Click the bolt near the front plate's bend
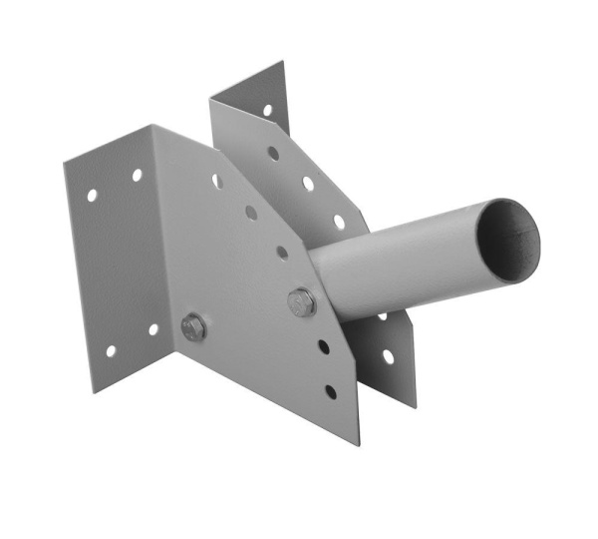[193, 325]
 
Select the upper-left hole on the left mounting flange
[92, 196]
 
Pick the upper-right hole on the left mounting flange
[137, 176]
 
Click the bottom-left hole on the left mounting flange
[110, 351]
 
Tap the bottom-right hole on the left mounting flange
[154, 329]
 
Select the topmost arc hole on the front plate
[216, 181]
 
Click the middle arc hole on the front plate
[250, 212]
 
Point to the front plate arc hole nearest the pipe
[282, 253]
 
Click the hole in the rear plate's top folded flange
[267, 111]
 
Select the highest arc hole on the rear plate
[273, 154]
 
